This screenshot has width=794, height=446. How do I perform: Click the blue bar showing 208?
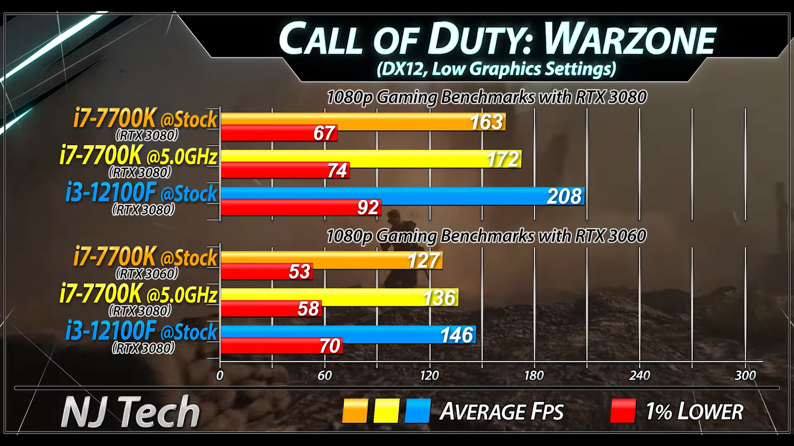pyautogui.click(x=402, y=196)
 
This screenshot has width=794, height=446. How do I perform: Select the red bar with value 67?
pyautogui.click(x=278, y=133)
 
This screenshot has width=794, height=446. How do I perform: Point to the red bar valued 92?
pyautogui.click(x=300, y=207)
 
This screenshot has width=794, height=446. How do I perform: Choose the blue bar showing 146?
pyautogui.click(x=347, y=334)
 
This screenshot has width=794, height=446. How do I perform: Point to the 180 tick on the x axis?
pyautogui.click(x=534, y=376)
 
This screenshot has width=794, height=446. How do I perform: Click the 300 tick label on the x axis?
pyautogui.click(x=745, y=376)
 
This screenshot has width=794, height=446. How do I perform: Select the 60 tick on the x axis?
pyautogui.click(x=325, y=376)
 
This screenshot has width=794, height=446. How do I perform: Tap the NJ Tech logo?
pyautogui.click(x=131, y=411)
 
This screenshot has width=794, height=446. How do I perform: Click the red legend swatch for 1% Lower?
pyautogui.click(x=623, y=411)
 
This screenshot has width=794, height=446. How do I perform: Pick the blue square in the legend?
pyautogui.click(x=417, y=411)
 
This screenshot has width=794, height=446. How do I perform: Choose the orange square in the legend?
pyautogui.click(x=355, y=411)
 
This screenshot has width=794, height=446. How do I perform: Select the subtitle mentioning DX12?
pyautogui.click(x=496, y=68)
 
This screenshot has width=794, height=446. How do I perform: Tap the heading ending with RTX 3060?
pyautogui.click(x=486, y=235)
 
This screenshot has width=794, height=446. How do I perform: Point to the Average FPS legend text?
pyautogui.click(x=501, y=412)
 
